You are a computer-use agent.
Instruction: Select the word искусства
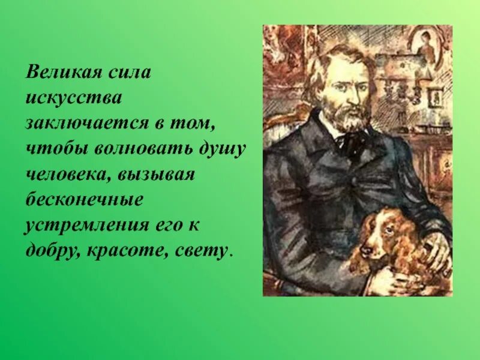73,98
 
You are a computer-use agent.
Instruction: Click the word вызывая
157,175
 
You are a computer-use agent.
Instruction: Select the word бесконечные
85,200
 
